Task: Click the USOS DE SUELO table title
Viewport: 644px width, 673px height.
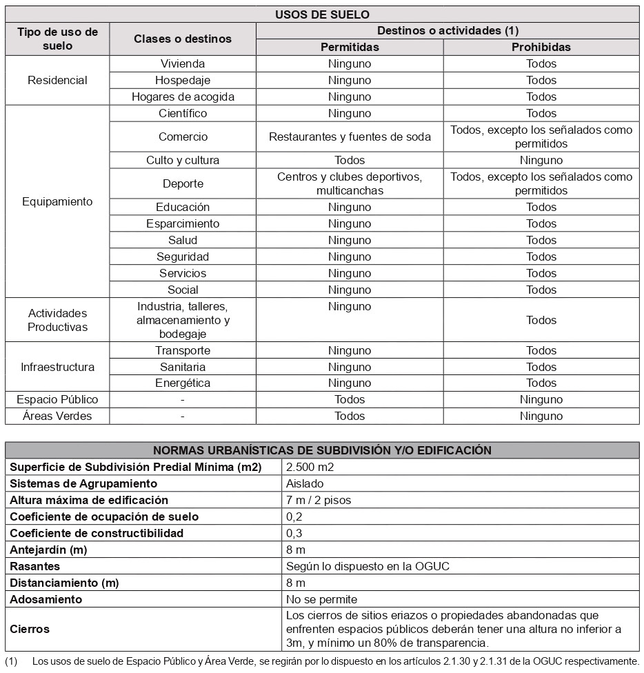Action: click(322, 14)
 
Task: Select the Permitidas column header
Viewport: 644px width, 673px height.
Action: click(350, 48)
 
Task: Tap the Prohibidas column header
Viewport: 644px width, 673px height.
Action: click(541, 48)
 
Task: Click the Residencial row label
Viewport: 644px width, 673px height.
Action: click(57, 80)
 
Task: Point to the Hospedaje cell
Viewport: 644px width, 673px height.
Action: click(183, 80)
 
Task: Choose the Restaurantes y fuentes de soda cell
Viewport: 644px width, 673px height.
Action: click(350, 137)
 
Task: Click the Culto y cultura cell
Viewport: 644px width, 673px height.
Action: click(183, 160)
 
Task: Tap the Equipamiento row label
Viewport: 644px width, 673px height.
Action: click(57, 202)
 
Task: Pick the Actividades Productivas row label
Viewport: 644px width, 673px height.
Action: click(57, 320)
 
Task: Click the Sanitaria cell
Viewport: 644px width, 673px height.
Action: click(183, 367)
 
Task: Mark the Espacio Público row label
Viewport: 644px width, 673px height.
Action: click(57, 399)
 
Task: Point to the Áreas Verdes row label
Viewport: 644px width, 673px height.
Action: click(57, 416)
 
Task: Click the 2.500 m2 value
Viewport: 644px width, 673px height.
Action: click(310, 467)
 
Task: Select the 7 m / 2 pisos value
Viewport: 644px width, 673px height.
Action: click(319, 500)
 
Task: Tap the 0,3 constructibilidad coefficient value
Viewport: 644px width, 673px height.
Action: click(294, 533)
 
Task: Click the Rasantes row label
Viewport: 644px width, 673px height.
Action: click(35, 566)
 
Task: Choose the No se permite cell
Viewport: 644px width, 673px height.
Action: click(322, 599)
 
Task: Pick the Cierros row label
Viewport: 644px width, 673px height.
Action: click(30, 629)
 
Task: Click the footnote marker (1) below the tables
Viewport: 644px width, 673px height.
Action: click(11, 661)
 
